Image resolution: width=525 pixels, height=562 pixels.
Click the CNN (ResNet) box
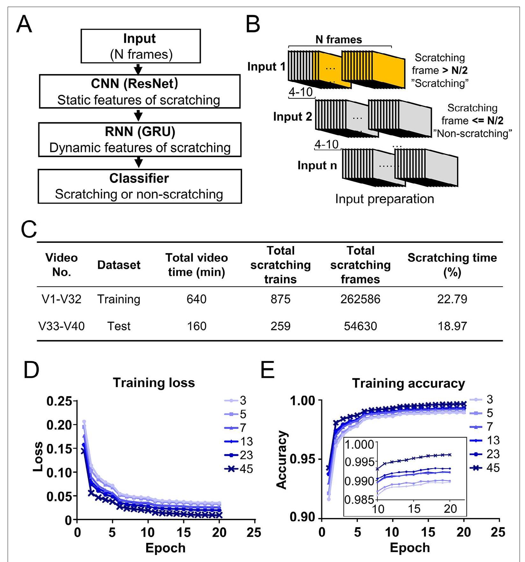point(140,92)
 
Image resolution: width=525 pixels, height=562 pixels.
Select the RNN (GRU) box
point(140,140)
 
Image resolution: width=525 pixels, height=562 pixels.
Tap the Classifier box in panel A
point(140,186)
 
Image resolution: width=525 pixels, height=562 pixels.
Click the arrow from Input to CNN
point(138,69)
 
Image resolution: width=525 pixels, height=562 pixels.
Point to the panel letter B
point(253,25)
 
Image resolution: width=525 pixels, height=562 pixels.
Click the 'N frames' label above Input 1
point(339,40)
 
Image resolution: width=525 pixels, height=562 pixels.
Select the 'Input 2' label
point(292,117)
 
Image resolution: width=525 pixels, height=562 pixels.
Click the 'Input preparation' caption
point(385,199)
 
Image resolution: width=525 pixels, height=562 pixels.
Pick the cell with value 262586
point(360,299)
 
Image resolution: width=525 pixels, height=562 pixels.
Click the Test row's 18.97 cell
point(452,326)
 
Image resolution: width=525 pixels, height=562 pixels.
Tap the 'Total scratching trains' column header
point(280,265)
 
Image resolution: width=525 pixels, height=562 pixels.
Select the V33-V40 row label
point(61,326)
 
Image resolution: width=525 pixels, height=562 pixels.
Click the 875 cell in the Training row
point(280,299)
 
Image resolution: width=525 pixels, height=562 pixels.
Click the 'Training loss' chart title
point(154,383)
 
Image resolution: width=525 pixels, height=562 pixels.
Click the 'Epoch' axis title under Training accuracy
point(410,548)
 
